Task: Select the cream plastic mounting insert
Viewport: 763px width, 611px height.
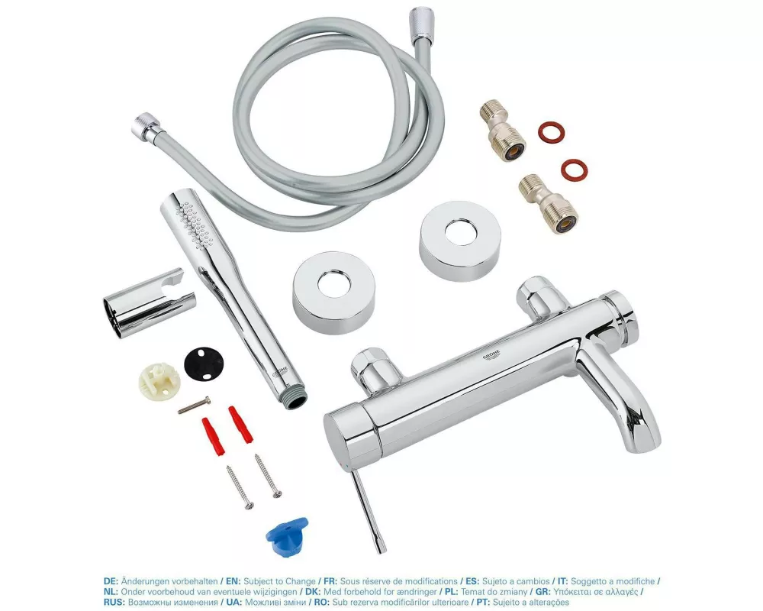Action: coord(159,383)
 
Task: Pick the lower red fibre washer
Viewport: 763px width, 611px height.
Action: coord(574,169)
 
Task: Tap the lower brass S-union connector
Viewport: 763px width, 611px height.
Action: coord(547,204)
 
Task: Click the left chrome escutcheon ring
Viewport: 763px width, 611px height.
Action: coord(334,293)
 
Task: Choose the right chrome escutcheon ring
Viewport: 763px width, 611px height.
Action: coord(459,241)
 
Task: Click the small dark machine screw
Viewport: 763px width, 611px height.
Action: coord(194,406)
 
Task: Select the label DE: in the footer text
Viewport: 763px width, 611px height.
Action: coord(111,581)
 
